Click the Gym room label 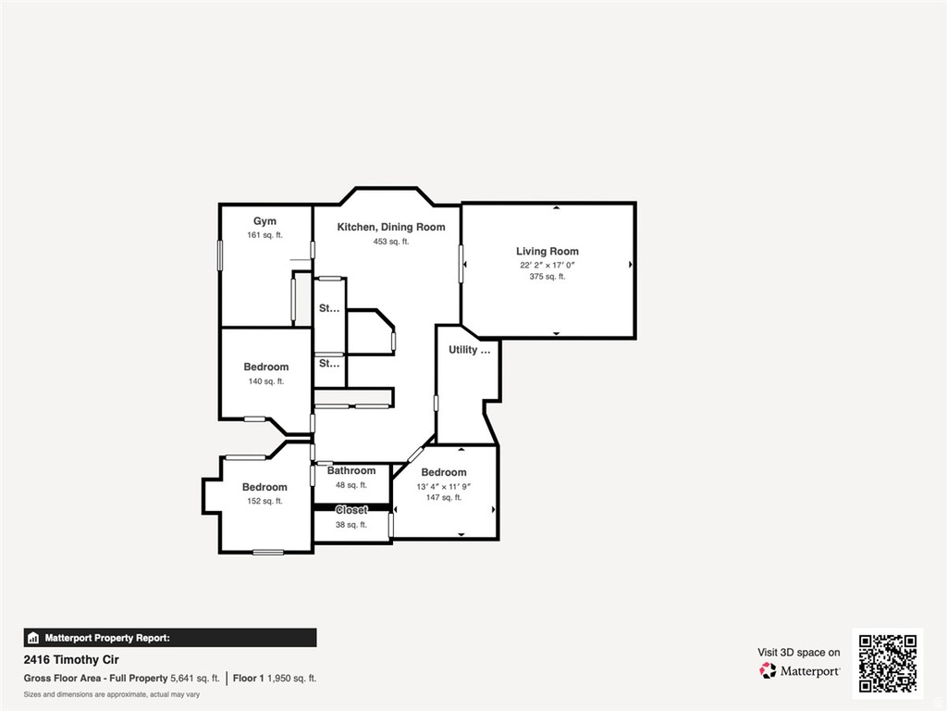(265, 221)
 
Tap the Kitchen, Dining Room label (390, 227)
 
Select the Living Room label (547, 251)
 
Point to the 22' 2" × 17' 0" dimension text (548, 265)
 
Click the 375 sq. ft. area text (547, 277)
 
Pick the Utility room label (469, 350)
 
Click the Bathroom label (351, 470)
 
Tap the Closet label (351, 510)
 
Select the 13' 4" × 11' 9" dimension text (445, 486)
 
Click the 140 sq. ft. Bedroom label (266, 367)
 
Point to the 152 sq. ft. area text (264, 501)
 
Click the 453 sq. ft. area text (391, 242)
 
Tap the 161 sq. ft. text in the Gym (264, 235)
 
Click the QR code (887, 663)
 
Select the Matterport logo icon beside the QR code (769, 670)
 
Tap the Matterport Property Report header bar (170, 638)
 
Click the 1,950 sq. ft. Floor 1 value (292, 678)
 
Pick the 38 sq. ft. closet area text (351, 525)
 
